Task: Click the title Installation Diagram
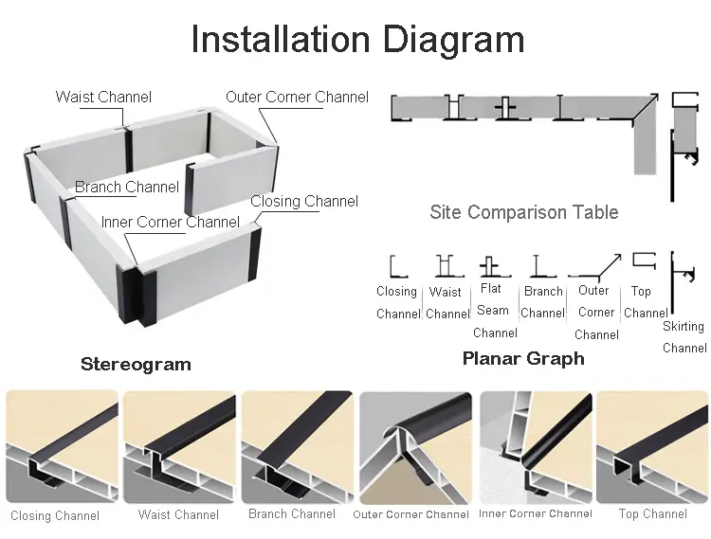click(x=357, y=40)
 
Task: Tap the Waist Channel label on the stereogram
click(x=103, y=97)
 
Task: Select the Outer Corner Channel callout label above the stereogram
click(x=297, y=97)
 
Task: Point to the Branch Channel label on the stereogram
click(x=127, y=187)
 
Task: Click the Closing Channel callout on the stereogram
click(x=304, y=201)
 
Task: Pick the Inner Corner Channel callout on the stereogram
click(x=171, y=222)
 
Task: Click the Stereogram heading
click(x=136, y=364)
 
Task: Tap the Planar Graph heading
click(x=523, y=358)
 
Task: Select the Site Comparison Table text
click(x=523, y=212)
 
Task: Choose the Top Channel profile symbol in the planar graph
click(x=644, y=261)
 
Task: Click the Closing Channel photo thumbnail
click(x=62, y=446)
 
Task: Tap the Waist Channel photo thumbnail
click(x=178, y=446)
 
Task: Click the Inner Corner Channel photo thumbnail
click(x=535, y=446)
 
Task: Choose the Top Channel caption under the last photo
click(x=652, y=514)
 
